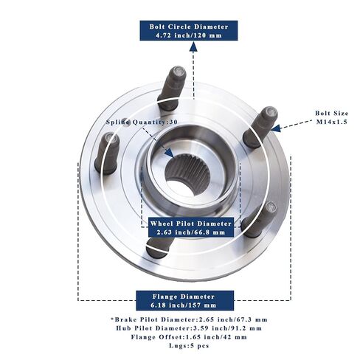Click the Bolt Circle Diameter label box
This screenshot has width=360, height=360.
point(189,30)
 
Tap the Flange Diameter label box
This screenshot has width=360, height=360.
point(185,300)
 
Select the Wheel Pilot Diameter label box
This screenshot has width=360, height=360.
point(191,227)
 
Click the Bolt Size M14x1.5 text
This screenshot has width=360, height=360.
point(332,117)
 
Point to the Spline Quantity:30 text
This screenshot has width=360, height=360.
point(142,122)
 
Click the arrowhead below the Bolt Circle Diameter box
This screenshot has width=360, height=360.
point(193,46)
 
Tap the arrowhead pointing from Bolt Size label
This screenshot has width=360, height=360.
point(276,128)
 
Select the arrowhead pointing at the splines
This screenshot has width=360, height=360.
point(170,153)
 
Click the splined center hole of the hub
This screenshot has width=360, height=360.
point(187,173)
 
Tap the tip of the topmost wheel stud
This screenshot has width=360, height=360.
point(179,71)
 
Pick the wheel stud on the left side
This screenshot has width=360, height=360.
point(107,153)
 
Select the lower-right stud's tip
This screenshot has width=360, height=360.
point(271,208)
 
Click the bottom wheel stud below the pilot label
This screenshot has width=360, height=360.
point(159,247)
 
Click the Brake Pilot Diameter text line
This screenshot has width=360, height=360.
point(189,319)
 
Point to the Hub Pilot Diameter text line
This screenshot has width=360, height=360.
point(189,328)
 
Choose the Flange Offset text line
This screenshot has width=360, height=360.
point(189,337)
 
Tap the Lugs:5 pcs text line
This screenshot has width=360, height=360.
point(189,345)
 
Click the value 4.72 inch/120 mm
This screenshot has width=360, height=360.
point(189,35)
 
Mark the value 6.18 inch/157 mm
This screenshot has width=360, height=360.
point(184,305)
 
